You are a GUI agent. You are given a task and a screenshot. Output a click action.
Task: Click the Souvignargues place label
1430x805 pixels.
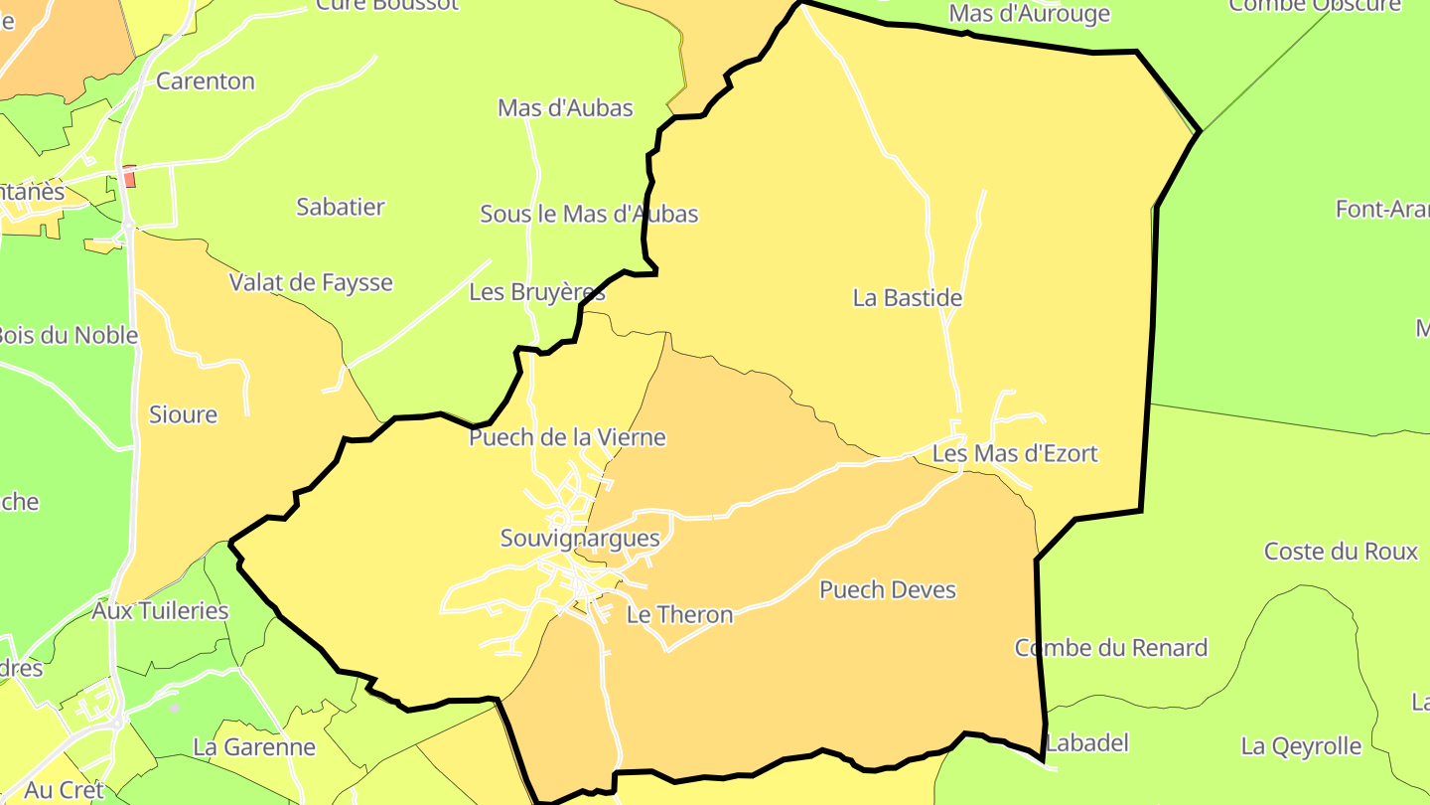click(580, 539)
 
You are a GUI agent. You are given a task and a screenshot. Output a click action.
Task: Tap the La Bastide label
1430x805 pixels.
click(908, 297)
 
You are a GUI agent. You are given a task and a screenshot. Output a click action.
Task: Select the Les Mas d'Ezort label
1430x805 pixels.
click(1015, 454)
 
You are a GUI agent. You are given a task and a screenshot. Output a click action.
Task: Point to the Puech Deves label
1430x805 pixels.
click(888, 589)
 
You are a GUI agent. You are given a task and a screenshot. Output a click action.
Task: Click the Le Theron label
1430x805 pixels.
click(679, 614)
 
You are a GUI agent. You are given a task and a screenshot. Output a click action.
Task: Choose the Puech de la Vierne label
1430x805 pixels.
click(567, 437)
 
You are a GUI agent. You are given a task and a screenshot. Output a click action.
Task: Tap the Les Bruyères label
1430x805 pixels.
click(537, 292)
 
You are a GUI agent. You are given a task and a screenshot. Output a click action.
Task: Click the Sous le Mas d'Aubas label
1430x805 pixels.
click(589, 214)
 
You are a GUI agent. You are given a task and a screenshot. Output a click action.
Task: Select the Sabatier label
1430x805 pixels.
click(341, 207)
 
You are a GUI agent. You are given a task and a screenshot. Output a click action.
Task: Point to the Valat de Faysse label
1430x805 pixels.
click(311, 282)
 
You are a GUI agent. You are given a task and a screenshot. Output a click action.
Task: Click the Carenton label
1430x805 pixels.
click(206, 81)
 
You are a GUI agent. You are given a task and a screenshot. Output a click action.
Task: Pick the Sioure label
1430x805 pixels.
click(183, 414)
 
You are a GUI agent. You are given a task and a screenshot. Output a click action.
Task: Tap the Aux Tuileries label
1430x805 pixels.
click(160, 610)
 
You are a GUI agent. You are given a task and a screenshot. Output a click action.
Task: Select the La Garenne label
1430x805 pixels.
click(254, 746)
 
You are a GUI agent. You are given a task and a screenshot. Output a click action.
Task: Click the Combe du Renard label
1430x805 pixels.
click(1111, 648)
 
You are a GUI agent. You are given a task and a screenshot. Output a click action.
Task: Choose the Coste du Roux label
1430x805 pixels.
click(1341, 551)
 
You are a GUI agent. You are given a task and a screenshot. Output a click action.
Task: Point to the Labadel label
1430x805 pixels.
click(1087, 742)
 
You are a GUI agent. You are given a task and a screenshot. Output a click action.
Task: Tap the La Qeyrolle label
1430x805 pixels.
click(1301, 745)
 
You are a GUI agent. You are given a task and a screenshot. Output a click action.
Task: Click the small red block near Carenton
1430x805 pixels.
click(129, 177)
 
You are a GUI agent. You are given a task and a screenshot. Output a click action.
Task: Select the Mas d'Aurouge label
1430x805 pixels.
click(1029, 14)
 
